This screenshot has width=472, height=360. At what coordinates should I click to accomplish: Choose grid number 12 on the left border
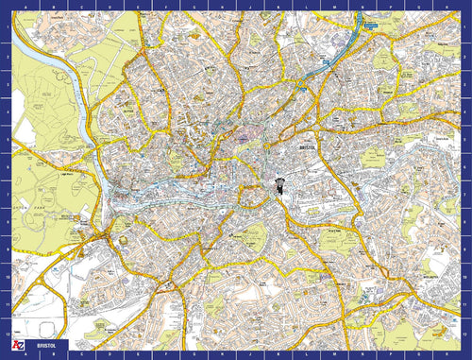(6, 332)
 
